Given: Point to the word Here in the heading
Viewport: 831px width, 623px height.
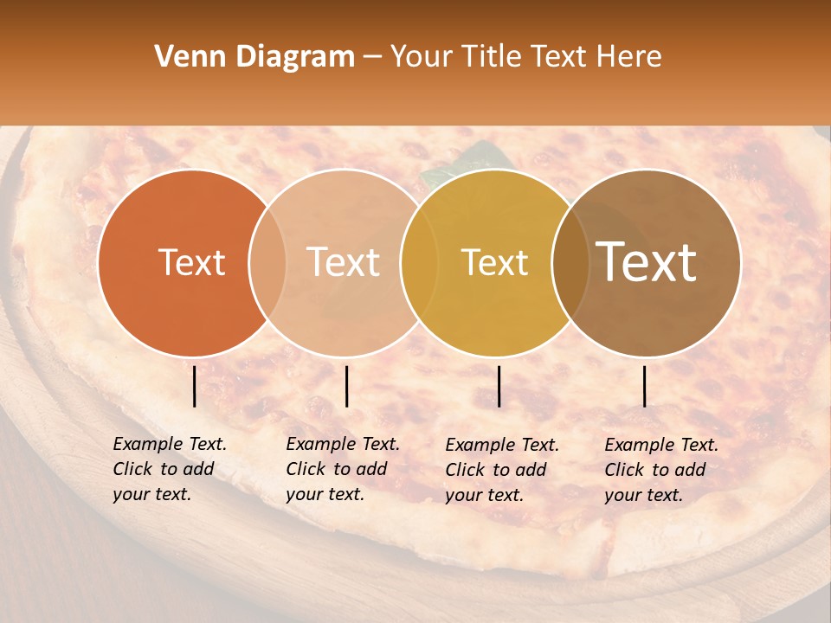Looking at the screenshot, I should [630, 57].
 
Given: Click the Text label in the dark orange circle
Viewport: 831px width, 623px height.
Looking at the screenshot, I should [191, 262].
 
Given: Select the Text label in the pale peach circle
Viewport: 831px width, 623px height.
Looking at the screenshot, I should [344, 262].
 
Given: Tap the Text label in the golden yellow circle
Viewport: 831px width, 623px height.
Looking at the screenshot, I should [494, 262].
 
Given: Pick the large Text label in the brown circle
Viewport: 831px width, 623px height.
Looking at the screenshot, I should [647, 262].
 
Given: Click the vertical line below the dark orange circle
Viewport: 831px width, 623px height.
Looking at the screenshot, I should [195, 386].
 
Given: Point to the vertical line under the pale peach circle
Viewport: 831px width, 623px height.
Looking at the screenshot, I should [346, 386].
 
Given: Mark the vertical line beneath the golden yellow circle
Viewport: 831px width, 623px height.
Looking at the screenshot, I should [499, 386].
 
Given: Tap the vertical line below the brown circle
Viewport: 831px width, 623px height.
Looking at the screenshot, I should [645, 386].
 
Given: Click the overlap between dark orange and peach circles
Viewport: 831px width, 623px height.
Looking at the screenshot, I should [267, 262].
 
